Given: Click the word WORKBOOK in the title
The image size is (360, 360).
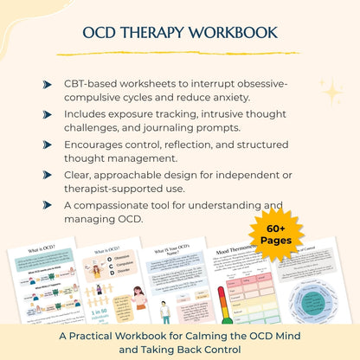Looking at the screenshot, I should pyautogui.click(x=234, y=33).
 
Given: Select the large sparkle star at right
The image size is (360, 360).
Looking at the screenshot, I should pyautogui.click(x=330, y=91).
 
